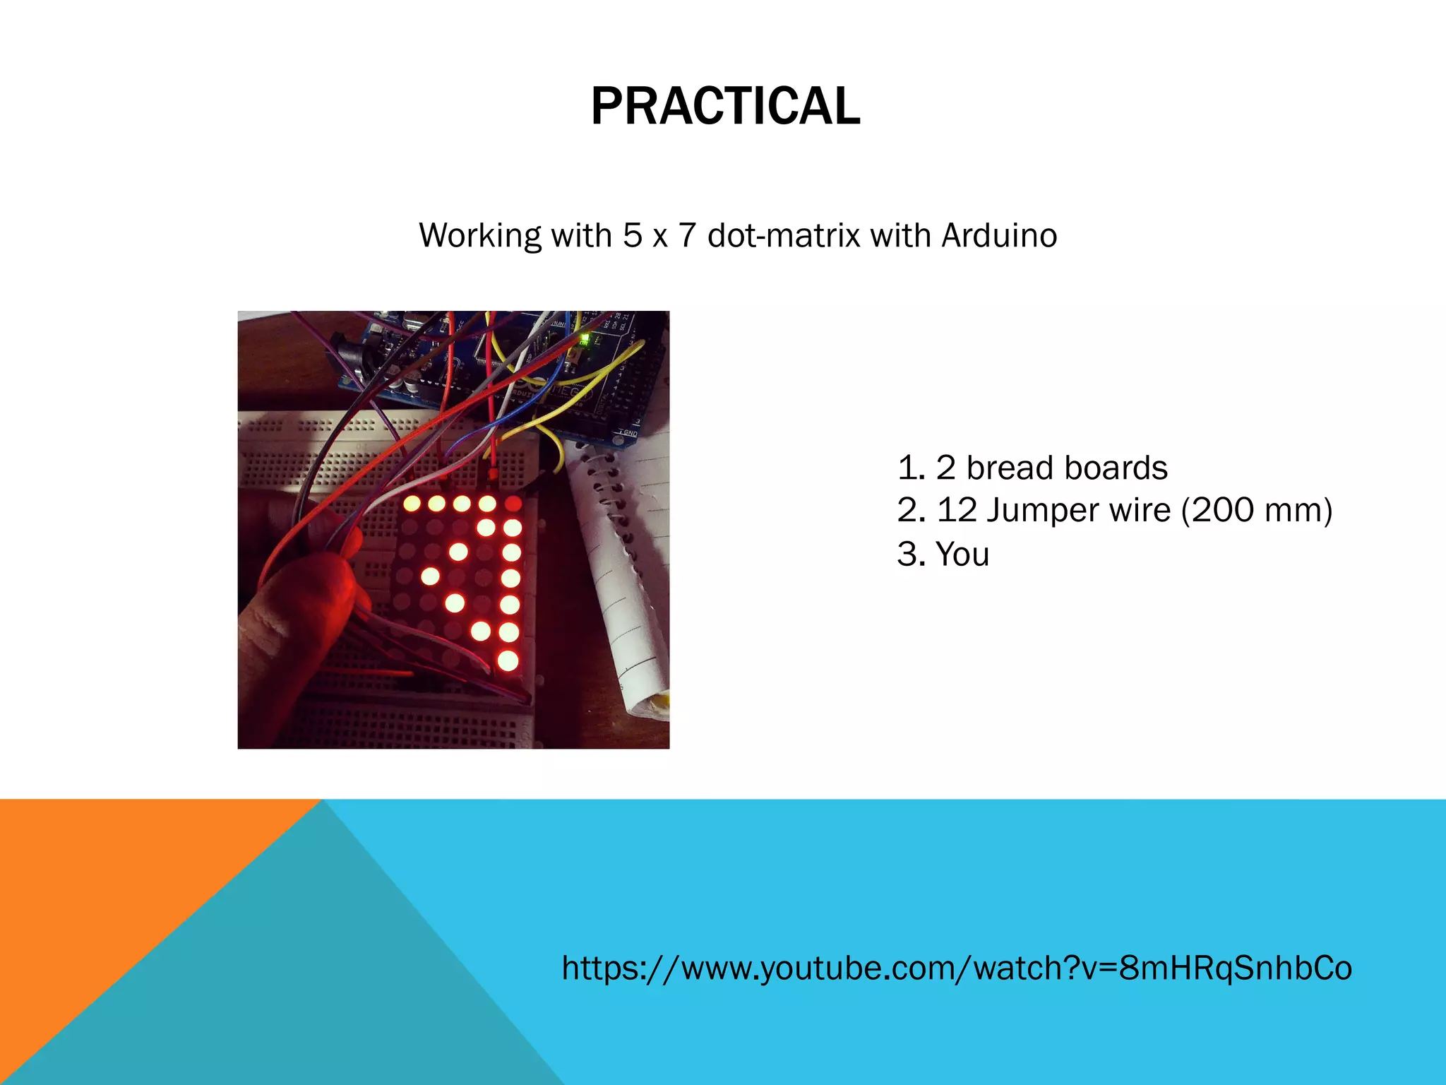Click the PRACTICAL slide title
[725, 106]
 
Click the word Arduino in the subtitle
[999, 235]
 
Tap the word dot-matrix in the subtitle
[784, 235]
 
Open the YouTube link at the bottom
[956, 968]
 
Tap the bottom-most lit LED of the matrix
[508, 661]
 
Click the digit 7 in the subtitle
[687, 235]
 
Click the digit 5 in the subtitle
[631, 235]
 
